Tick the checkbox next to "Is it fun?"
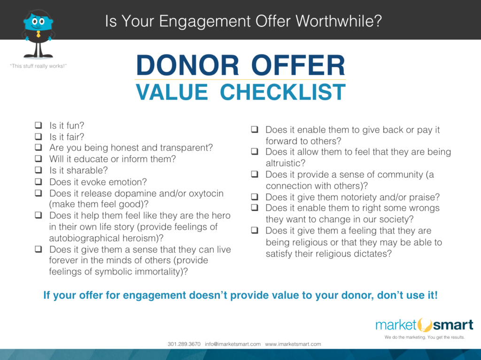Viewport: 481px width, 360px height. click(39, 125)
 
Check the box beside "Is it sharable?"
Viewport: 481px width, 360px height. click(39, 170)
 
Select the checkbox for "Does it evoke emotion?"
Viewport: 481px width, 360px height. click(39, 181)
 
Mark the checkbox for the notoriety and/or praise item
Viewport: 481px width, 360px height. click(255, 196)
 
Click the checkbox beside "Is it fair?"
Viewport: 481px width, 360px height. click(39, 136)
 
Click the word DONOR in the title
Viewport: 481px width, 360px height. click(187, 65)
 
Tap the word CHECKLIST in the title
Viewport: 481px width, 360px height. click(283, 92)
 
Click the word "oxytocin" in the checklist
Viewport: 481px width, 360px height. click(206, 194)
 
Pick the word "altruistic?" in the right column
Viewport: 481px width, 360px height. click(285, 163)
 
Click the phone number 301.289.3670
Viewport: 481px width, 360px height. click(184, 344)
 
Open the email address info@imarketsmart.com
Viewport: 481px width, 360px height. click(233, 344)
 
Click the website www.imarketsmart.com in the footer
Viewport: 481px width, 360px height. click(293, 344)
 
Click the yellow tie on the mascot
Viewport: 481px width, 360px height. click(39, 34)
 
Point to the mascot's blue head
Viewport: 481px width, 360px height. click(39, 22)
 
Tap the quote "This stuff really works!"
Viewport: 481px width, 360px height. click(39, 66)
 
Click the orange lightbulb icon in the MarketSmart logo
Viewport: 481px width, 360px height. click(425, 325)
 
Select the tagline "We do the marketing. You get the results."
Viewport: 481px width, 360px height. click(425, 337)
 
